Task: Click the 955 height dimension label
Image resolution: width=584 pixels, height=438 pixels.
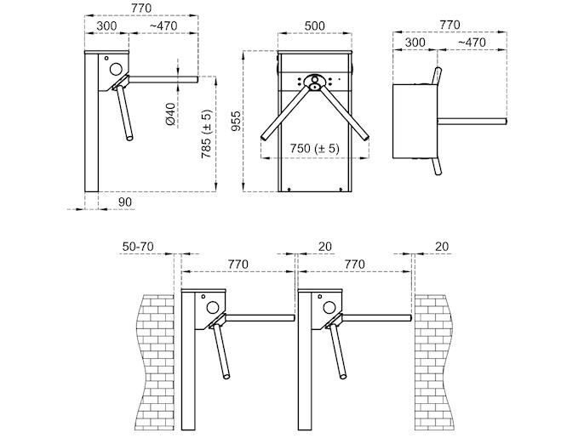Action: point(236,122)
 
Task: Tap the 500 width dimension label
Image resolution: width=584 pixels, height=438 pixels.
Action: point(315,26)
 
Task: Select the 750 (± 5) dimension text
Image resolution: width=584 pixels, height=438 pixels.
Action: point(315,149)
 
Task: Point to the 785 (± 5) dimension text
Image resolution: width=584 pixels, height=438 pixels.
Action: point(206,134)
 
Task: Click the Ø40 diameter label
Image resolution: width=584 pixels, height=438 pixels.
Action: point(170,114)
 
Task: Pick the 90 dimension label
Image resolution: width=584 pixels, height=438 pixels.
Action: point(125,202)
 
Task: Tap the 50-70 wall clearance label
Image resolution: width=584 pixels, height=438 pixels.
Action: point(138,247)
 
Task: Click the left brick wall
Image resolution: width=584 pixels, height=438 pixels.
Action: point(156,362)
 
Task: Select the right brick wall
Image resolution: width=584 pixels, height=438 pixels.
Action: point(434,362)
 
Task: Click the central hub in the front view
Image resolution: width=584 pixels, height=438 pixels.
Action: point(315,82)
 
